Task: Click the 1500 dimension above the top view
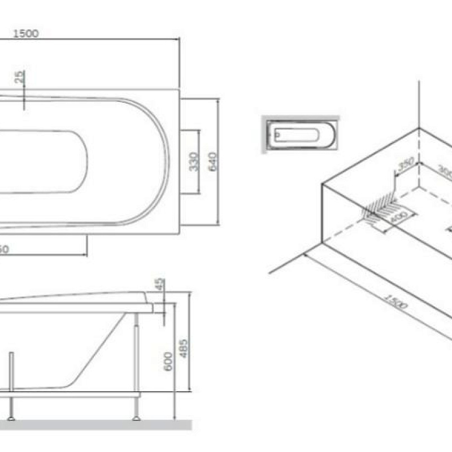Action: coord(25,33)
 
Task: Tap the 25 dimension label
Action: coord(21,77)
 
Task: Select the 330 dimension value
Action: coord(193,162)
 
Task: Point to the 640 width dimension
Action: coord(213,162)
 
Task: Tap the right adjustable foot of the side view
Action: coord(136,418)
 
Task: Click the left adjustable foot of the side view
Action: coord(10,418)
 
